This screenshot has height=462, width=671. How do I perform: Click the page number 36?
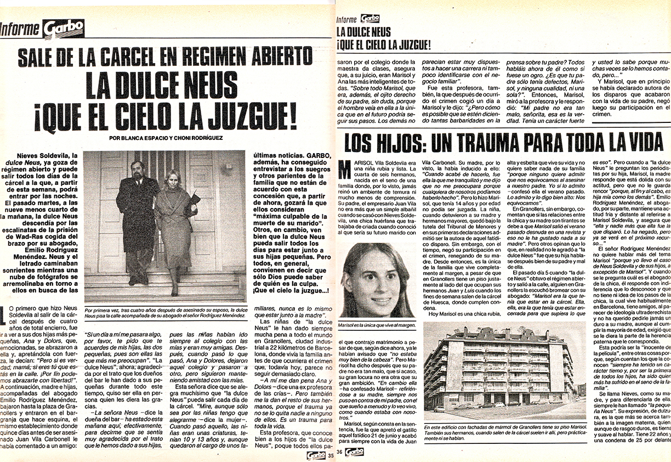pyautogui.click(x=340, y=452)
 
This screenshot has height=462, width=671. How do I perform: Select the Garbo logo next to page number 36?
pyautogui.click(x=354, y=452)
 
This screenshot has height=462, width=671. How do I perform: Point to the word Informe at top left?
pyautogui.click(x=20, y=29)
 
